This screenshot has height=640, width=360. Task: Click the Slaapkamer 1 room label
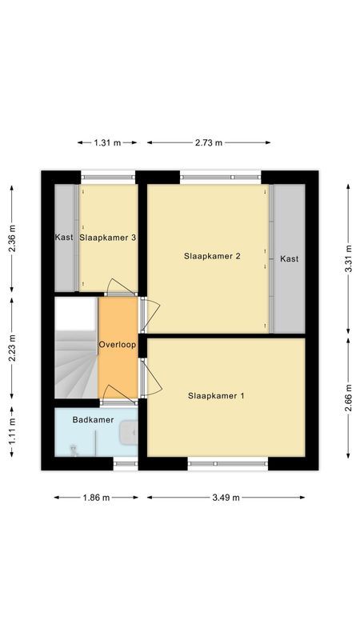[x=217, y=396]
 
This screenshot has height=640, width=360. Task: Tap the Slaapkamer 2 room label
[x=213, y=257]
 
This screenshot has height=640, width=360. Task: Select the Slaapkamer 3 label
[x=107, y=238]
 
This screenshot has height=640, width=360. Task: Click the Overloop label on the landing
[x=117, y=345]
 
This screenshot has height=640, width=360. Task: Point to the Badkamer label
[x=93, y=420]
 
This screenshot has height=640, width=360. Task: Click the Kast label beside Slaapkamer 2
[x=289, y=258]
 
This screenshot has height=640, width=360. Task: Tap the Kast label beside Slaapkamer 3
[x=65, y=238]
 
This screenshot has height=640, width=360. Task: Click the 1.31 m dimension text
[x=106, y=142]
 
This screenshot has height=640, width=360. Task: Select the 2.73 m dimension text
[x=208, y=142]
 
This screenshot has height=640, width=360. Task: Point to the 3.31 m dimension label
[x=347, y=258]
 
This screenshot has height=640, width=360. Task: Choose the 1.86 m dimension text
[x=96, y=498]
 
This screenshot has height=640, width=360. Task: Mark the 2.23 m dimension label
[x=12, y=348]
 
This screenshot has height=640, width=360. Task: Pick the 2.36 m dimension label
[x=12, y=239]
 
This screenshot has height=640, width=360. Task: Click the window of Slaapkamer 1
[x=227, y=462]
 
